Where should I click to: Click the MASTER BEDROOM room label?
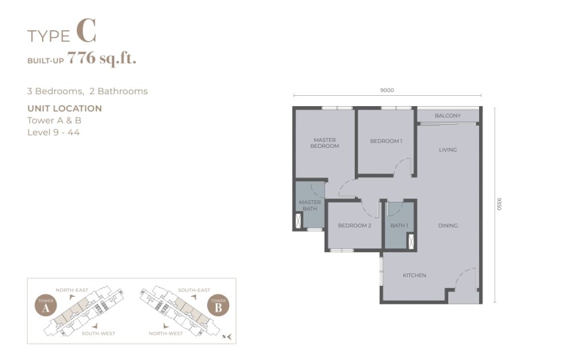(x=325, y=143)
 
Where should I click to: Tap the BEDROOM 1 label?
(x=386, y=141)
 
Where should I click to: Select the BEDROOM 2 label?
(x=355, y=225)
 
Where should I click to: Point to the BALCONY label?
(x=448, y=115)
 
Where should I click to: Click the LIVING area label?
(x=448, y=150)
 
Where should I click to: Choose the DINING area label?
(x=448, y=225)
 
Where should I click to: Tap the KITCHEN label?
(x=414, y=276)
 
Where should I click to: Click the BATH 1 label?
(x=399, y=225)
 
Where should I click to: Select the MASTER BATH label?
(x=310, y=205)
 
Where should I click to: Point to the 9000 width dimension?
(x=387, y=90)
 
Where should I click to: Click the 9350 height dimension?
(x=500, y=204)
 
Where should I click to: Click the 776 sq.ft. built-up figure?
(x=102, y=59)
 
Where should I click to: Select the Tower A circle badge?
(x=46, y=306)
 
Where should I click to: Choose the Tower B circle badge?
(x=218, y=306)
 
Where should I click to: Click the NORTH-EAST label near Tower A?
(x=72, y=290)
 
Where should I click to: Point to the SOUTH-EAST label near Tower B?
(x=194, y=290)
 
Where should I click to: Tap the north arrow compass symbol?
(x=228, y=337)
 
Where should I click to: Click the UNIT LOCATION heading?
(x=64, y=108)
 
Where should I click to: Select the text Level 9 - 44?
(x=53, y=132)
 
